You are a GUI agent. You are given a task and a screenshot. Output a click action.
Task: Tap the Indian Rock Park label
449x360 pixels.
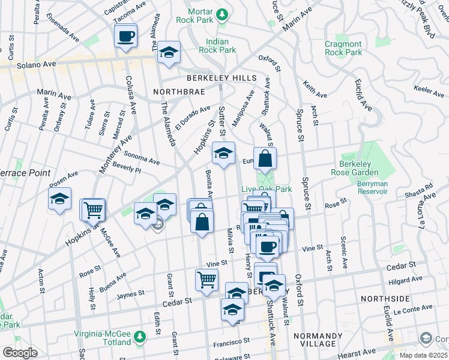(221, 46)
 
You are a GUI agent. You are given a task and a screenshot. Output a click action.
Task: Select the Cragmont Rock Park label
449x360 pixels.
(343, 48)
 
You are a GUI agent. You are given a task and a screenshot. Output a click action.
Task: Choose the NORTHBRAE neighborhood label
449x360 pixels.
(179, 92)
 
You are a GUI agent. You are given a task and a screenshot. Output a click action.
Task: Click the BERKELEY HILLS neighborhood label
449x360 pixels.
(221, 79)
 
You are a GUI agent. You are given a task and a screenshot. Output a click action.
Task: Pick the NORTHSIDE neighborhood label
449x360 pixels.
(384, 298)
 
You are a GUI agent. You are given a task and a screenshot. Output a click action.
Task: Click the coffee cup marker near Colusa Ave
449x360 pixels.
(125, 36)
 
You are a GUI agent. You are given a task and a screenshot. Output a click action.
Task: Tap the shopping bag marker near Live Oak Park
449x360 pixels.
(265, 160)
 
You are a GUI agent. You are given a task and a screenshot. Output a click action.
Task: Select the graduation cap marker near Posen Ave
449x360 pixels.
(60, 200)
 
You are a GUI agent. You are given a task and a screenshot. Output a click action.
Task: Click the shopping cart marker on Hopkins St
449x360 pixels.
(93, 210)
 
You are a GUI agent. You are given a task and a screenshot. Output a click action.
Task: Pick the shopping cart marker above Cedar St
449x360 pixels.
(206, 280)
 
